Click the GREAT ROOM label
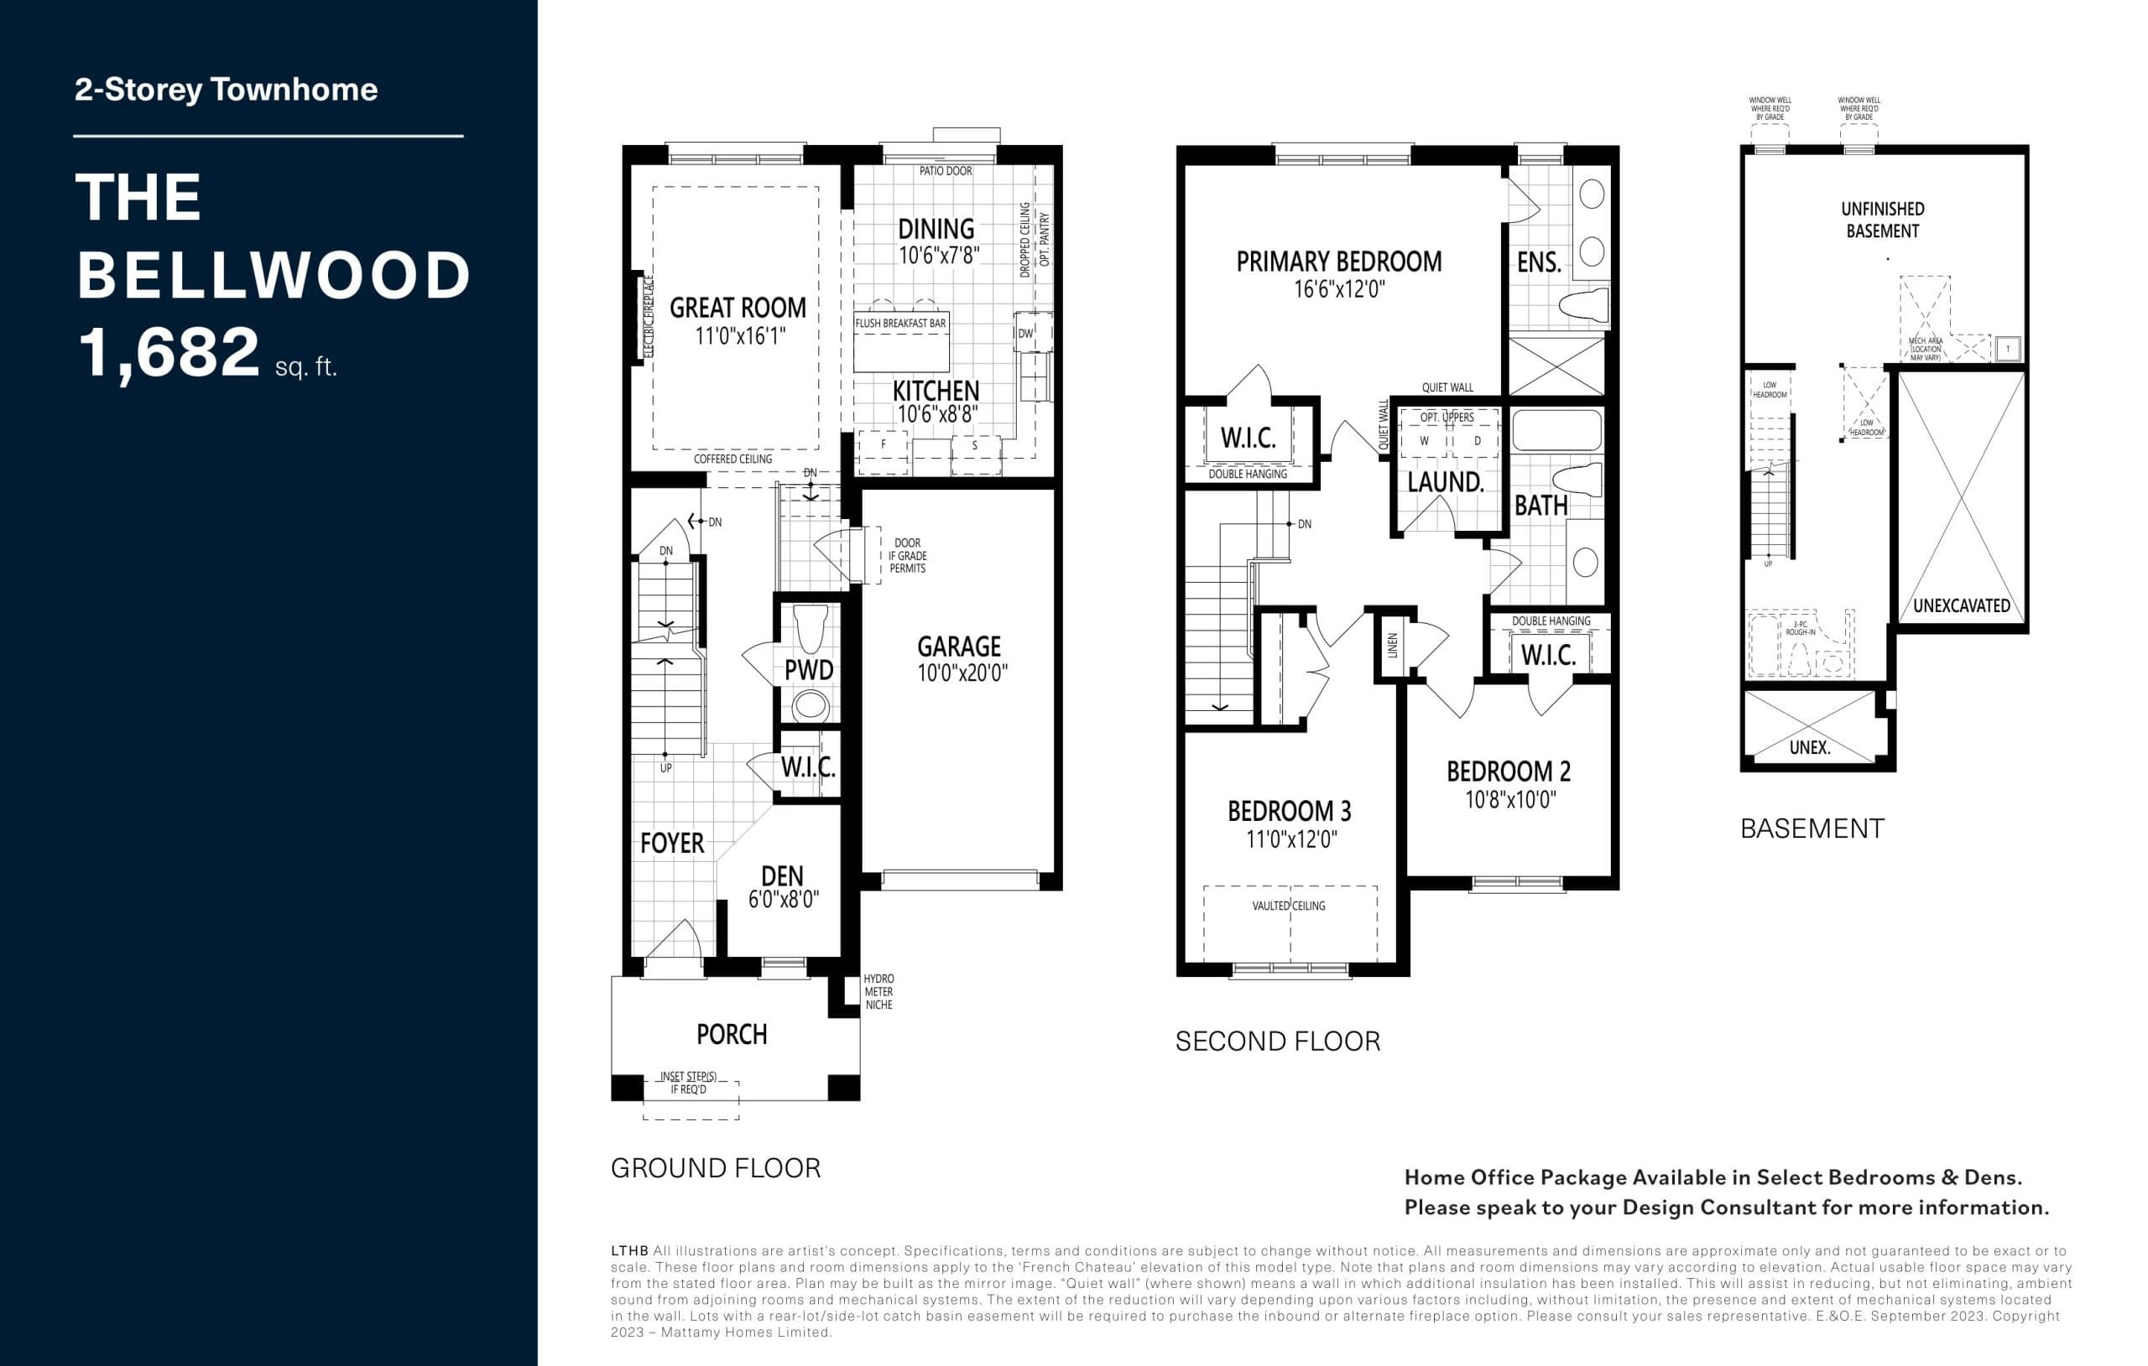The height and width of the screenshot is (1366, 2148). coord(737,308)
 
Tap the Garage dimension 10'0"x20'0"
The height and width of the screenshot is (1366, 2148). coord(962,673)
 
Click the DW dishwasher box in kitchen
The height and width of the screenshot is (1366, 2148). coord(1025,334)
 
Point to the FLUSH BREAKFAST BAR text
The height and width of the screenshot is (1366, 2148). coord(900,323)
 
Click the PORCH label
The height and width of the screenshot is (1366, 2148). coord(732,1034)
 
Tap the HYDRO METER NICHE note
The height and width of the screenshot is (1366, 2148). coord(878,991)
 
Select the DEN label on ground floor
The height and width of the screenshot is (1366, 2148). coord(781,875)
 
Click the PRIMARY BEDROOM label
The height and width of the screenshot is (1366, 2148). coord(1338,262)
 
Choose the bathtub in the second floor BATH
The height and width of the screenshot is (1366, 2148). coord(1556,431)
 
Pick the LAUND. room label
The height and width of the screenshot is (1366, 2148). coord(1445,482)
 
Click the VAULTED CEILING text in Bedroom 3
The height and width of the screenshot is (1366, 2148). coord(1288,906)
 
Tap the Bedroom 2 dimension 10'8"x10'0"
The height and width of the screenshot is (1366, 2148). coord(1510,800)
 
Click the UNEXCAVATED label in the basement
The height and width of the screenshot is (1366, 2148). coord(1962,605)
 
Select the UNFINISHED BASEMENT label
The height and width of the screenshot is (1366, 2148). coord(1882,220)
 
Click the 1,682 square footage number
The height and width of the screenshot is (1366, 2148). coord(169,352)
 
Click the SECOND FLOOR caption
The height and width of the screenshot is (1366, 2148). coord(1277,1041)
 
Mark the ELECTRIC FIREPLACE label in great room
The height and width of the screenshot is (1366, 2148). coord(649,316)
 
